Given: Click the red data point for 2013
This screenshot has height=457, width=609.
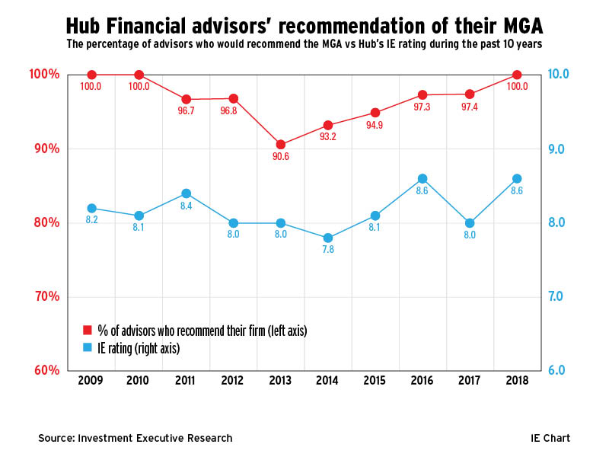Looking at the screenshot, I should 281,145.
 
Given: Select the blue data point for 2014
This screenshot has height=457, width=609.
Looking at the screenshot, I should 328,238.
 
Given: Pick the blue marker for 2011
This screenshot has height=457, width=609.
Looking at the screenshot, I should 186,193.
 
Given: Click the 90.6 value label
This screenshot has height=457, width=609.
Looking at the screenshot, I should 281,157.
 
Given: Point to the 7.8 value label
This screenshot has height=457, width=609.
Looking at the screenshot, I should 328,250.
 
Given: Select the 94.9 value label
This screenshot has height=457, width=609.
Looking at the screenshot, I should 375,126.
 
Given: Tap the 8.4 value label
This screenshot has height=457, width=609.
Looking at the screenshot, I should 186,206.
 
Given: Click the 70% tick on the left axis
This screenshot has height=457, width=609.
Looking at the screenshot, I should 46,297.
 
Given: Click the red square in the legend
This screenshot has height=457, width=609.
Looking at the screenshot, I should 87,331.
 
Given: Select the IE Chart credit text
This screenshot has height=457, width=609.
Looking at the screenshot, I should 550,438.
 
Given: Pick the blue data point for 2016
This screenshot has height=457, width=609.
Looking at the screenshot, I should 422,179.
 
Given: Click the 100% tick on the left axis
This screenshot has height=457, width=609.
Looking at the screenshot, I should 44,75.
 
